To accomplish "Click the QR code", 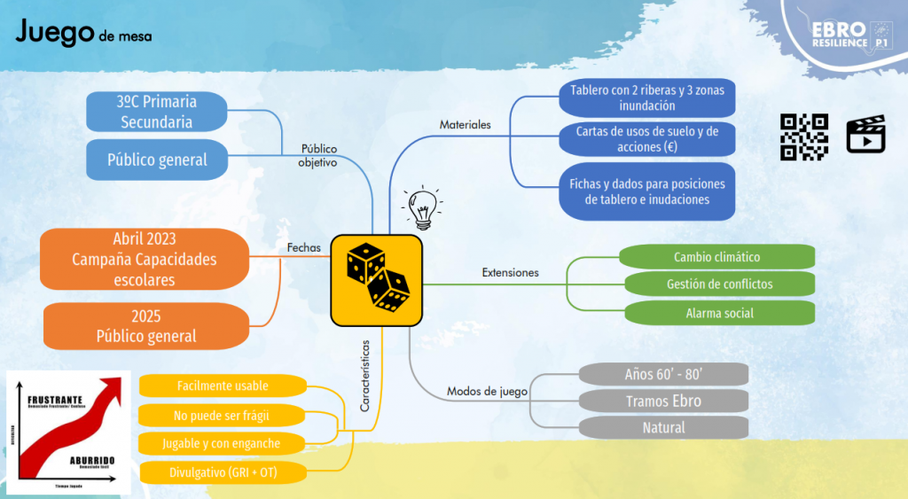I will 803,137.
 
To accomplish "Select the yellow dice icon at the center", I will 376,280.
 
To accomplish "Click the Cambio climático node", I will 716,257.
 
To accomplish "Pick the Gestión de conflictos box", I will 719,285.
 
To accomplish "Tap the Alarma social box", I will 719,313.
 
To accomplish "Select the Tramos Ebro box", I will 663,401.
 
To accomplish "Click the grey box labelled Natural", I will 663,428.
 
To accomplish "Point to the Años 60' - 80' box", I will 663,373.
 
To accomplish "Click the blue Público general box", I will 157,160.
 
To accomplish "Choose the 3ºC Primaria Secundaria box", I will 157,112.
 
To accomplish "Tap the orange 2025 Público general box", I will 146,326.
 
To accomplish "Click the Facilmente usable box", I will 222,386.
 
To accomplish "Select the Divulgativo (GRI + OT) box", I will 222,472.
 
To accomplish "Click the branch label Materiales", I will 465,125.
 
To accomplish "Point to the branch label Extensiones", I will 510,273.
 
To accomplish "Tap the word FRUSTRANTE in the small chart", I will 56,401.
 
